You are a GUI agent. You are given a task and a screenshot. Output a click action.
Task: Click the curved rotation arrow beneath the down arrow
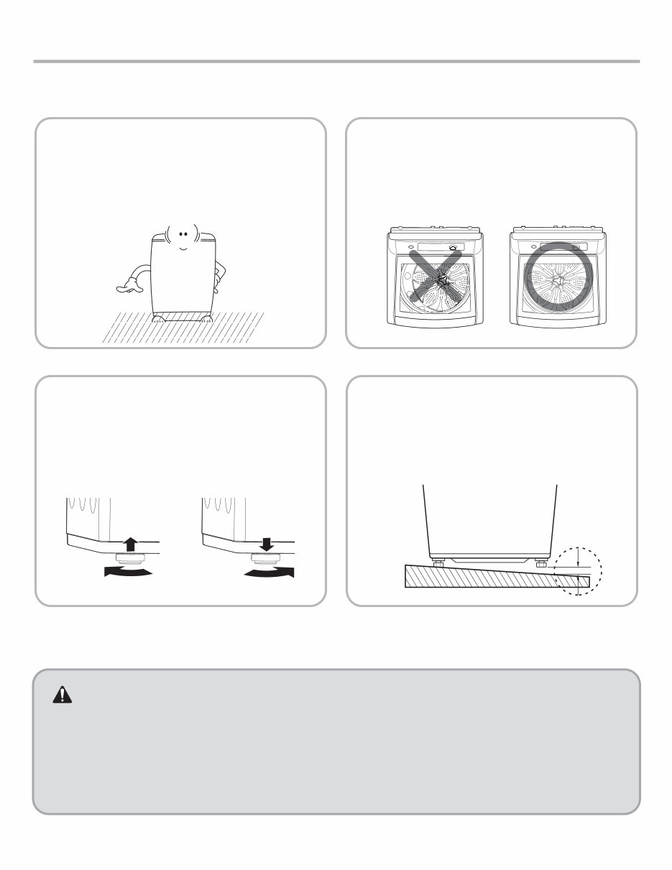(270, 572)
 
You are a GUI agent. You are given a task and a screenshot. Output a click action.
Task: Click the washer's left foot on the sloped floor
(435, 561)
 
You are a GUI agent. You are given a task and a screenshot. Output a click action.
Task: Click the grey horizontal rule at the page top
(336, 62)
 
